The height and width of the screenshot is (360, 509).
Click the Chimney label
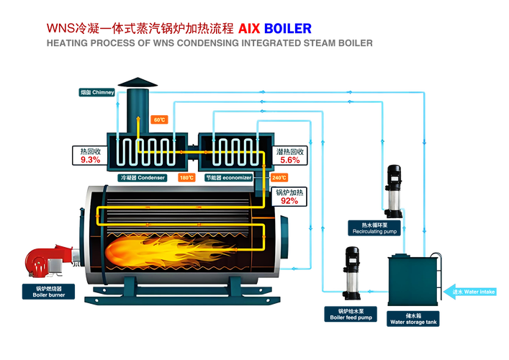(96, 92)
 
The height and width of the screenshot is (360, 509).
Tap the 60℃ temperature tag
(159, 120)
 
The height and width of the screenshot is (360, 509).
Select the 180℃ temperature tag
(186, 178)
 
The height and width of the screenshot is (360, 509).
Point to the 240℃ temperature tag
(279, 178)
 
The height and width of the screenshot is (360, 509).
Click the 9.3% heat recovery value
(90, 160)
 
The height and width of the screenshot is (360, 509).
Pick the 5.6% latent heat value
(290, 160)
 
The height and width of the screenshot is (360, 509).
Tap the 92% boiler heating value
(289, 201)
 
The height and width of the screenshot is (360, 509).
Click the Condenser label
(143, 178)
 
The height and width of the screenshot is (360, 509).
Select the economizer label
(229, 178)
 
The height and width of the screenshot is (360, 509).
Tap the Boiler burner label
(48, 292)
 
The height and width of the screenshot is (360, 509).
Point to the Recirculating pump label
(374, 228)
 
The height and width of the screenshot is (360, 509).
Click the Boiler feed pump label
(351, 314)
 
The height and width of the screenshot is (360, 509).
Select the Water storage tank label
(413, 319)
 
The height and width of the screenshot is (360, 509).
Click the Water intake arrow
(469, 292)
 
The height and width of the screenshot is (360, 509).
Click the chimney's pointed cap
(138, 83)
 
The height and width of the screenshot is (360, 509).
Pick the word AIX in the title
(249, 29)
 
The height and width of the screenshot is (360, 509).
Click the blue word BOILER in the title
(288, 29)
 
